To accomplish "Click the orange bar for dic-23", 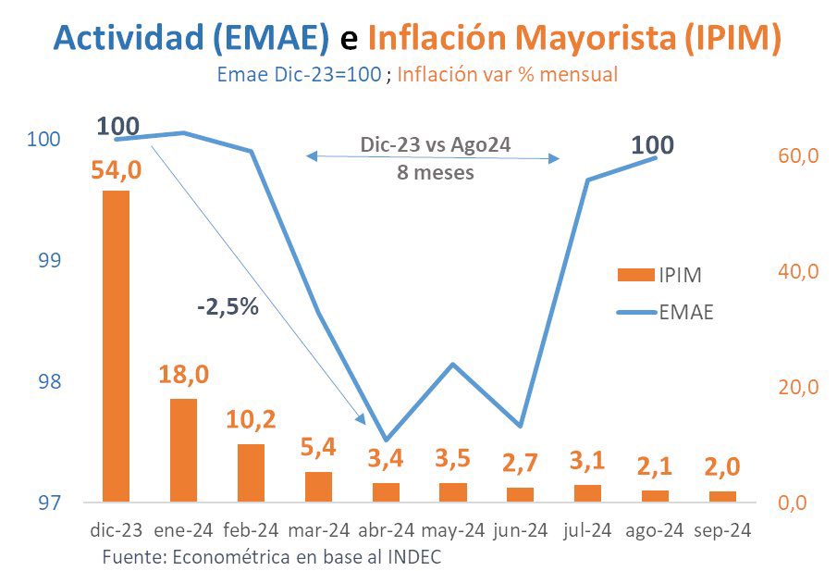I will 116,346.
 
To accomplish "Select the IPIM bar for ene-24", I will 183,451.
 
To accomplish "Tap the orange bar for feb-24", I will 251,473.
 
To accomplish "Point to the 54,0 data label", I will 116,171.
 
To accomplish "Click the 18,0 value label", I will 183,376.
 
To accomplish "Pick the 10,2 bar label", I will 251,419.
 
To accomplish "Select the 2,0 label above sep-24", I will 723,467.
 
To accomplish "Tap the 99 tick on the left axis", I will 44,260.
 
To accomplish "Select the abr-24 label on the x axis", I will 386,531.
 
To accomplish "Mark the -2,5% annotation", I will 228,307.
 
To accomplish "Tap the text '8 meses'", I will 435,172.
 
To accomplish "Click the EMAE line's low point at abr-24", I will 386,440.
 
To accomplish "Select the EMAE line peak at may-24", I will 453,364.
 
